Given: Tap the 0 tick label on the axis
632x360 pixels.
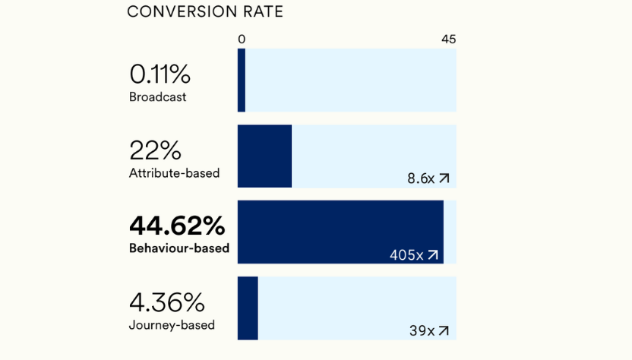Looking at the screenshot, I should pyautogui.click(x=242, y=39).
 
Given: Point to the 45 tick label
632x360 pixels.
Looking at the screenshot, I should pyautogui.click(x=448, y=39).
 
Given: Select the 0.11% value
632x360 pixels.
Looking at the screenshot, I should pyautogui.click(x=160, y=74).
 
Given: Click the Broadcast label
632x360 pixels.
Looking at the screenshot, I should pyautogui.click(x=157, y=97).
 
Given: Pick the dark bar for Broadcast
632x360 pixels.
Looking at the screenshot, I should pyautogui.click(x=242, y=81).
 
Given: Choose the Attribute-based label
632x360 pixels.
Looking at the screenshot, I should pyautogui.click(x=174, y=173).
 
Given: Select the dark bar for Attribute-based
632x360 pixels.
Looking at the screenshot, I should pyautogui.click(x=264, y=156).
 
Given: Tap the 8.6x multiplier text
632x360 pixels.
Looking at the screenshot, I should pyautogui.click(x=420, y=178).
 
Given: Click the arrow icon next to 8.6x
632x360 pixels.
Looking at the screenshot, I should pyautogui.click(x=444, y=178).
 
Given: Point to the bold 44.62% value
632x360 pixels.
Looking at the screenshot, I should pyautogui.click(x=177, y=226).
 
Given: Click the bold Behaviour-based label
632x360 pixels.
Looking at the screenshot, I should pyautogui.click(x=179, y=248).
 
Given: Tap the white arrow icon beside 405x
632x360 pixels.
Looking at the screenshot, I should pyautogui.click(x=433, y=255).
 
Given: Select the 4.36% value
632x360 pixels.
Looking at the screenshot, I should pyautogui.click(x=166, y=302).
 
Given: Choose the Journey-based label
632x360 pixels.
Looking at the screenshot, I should pyautogui.click(x=172, y=325).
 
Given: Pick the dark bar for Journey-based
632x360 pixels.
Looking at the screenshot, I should pyautogui.click(x=248, y=308).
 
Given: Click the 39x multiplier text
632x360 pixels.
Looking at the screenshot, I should pyautogui.click(x=422, y=331).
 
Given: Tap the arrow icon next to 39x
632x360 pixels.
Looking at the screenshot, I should pyautogui.click(x=444, y=331).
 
